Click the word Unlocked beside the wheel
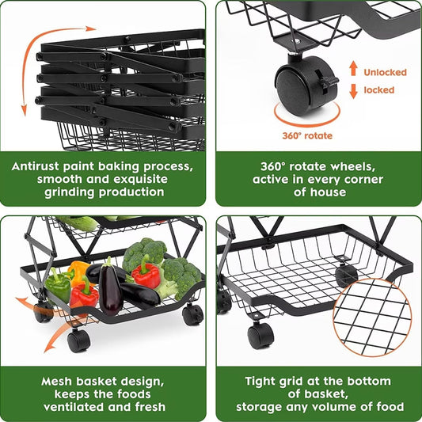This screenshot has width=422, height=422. [385, 72]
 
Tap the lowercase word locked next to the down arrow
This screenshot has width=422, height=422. [379, 90]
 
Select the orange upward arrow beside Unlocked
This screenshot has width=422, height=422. [353, 68]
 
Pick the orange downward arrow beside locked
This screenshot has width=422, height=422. [353, 91]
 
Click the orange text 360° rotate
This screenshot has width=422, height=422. [307, 135]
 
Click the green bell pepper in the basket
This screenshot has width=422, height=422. [58, 284]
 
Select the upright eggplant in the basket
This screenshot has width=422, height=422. [110, 286]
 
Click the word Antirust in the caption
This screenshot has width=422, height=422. [35, 166]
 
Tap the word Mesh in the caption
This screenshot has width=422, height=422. [56, 382]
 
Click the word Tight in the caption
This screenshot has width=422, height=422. [260, 382]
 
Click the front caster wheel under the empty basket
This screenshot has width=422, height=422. [260, 335]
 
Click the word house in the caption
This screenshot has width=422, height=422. [328, 192]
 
